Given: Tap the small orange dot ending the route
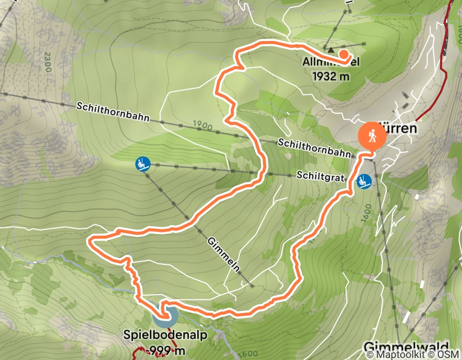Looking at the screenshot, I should [x=343, y=53].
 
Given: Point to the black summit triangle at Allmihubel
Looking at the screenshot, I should [x=331, y=50].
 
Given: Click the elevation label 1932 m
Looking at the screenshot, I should [x=331, y=76].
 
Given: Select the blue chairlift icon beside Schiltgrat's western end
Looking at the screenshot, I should [x=142, y=164].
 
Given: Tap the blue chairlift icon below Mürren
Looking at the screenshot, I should [x=365, y=182].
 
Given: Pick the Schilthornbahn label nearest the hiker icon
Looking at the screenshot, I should [x=314, y=148].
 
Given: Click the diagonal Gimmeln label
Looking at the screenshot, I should [x=225, y=255].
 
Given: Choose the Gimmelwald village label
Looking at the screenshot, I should [x=406, y=346].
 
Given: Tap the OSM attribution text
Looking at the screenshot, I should [x=449, y=354].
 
